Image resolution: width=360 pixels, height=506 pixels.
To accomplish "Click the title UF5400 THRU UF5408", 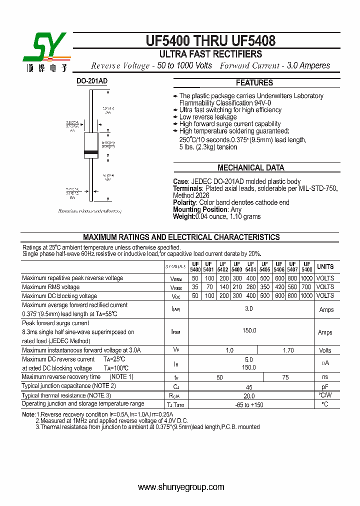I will (210, 40).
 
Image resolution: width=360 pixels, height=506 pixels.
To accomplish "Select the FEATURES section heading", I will (254, 83).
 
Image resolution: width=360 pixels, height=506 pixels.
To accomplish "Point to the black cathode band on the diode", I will (91, 151).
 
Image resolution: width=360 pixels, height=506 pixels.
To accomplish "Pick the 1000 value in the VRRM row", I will (306, 278).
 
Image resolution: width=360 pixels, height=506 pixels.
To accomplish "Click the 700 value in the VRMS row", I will (306, 287).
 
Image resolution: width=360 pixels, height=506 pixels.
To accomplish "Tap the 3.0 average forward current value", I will (249, 309).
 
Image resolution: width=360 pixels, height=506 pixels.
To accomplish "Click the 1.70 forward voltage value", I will (288, 350).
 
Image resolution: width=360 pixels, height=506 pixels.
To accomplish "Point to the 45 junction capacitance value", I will (249, 386).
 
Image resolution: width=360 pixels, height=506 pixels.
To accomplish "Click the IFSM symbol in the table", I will (175, 331).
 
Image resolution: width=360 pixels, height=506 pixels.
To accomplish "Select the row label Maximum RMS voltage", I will (51, 287).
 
